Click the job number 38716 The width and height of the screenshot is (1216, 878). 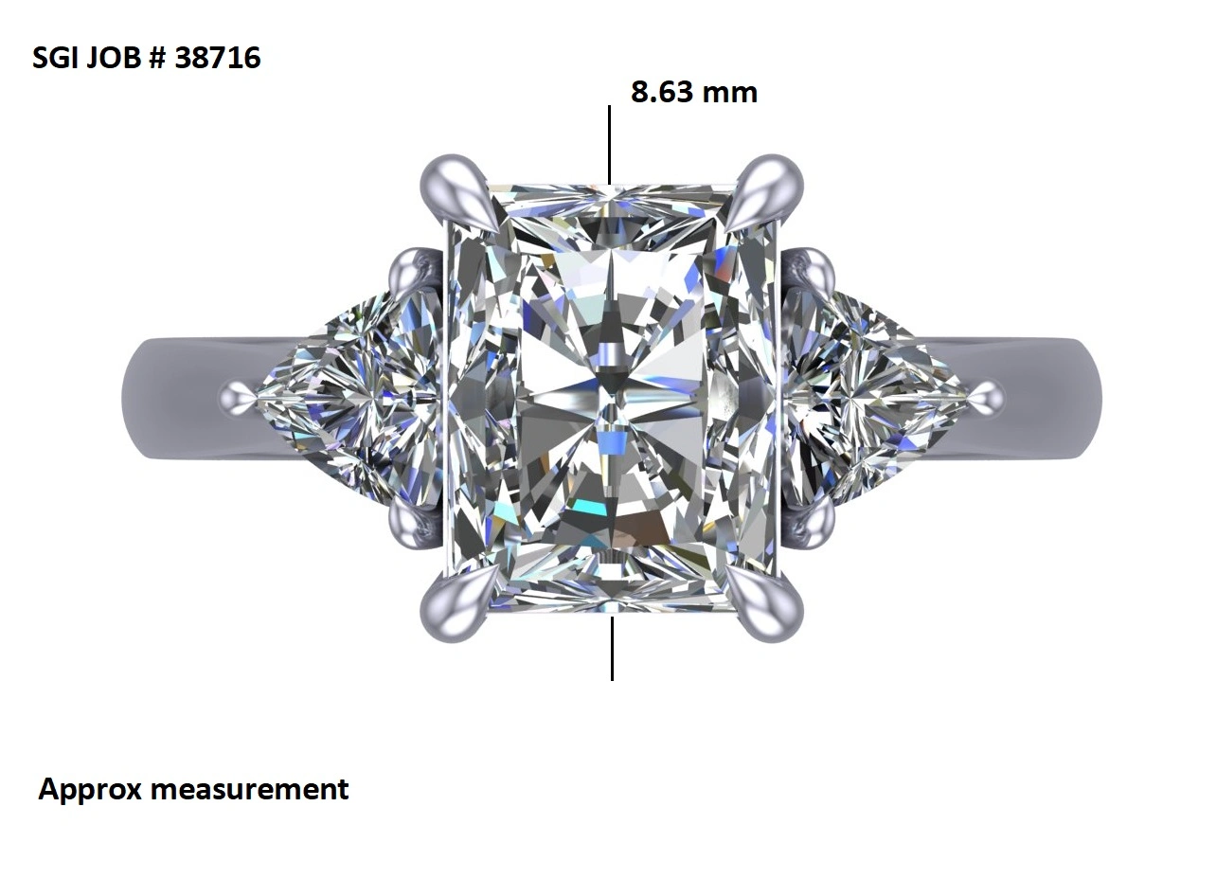point(218,58)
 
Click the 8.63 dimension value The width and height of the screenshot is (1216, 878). point(663,92)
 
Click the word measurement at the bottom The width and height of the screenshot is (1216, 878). point(250,790)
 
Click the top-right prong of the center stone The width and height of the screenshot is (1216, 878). point(764,189)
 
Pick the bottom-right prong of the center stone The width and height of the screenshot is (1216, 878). point(764,606)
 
